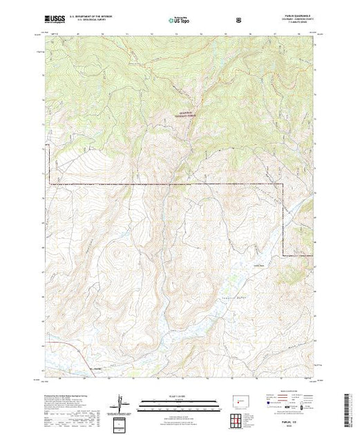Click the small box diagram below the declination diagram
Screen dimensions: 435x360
point(122,423)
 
